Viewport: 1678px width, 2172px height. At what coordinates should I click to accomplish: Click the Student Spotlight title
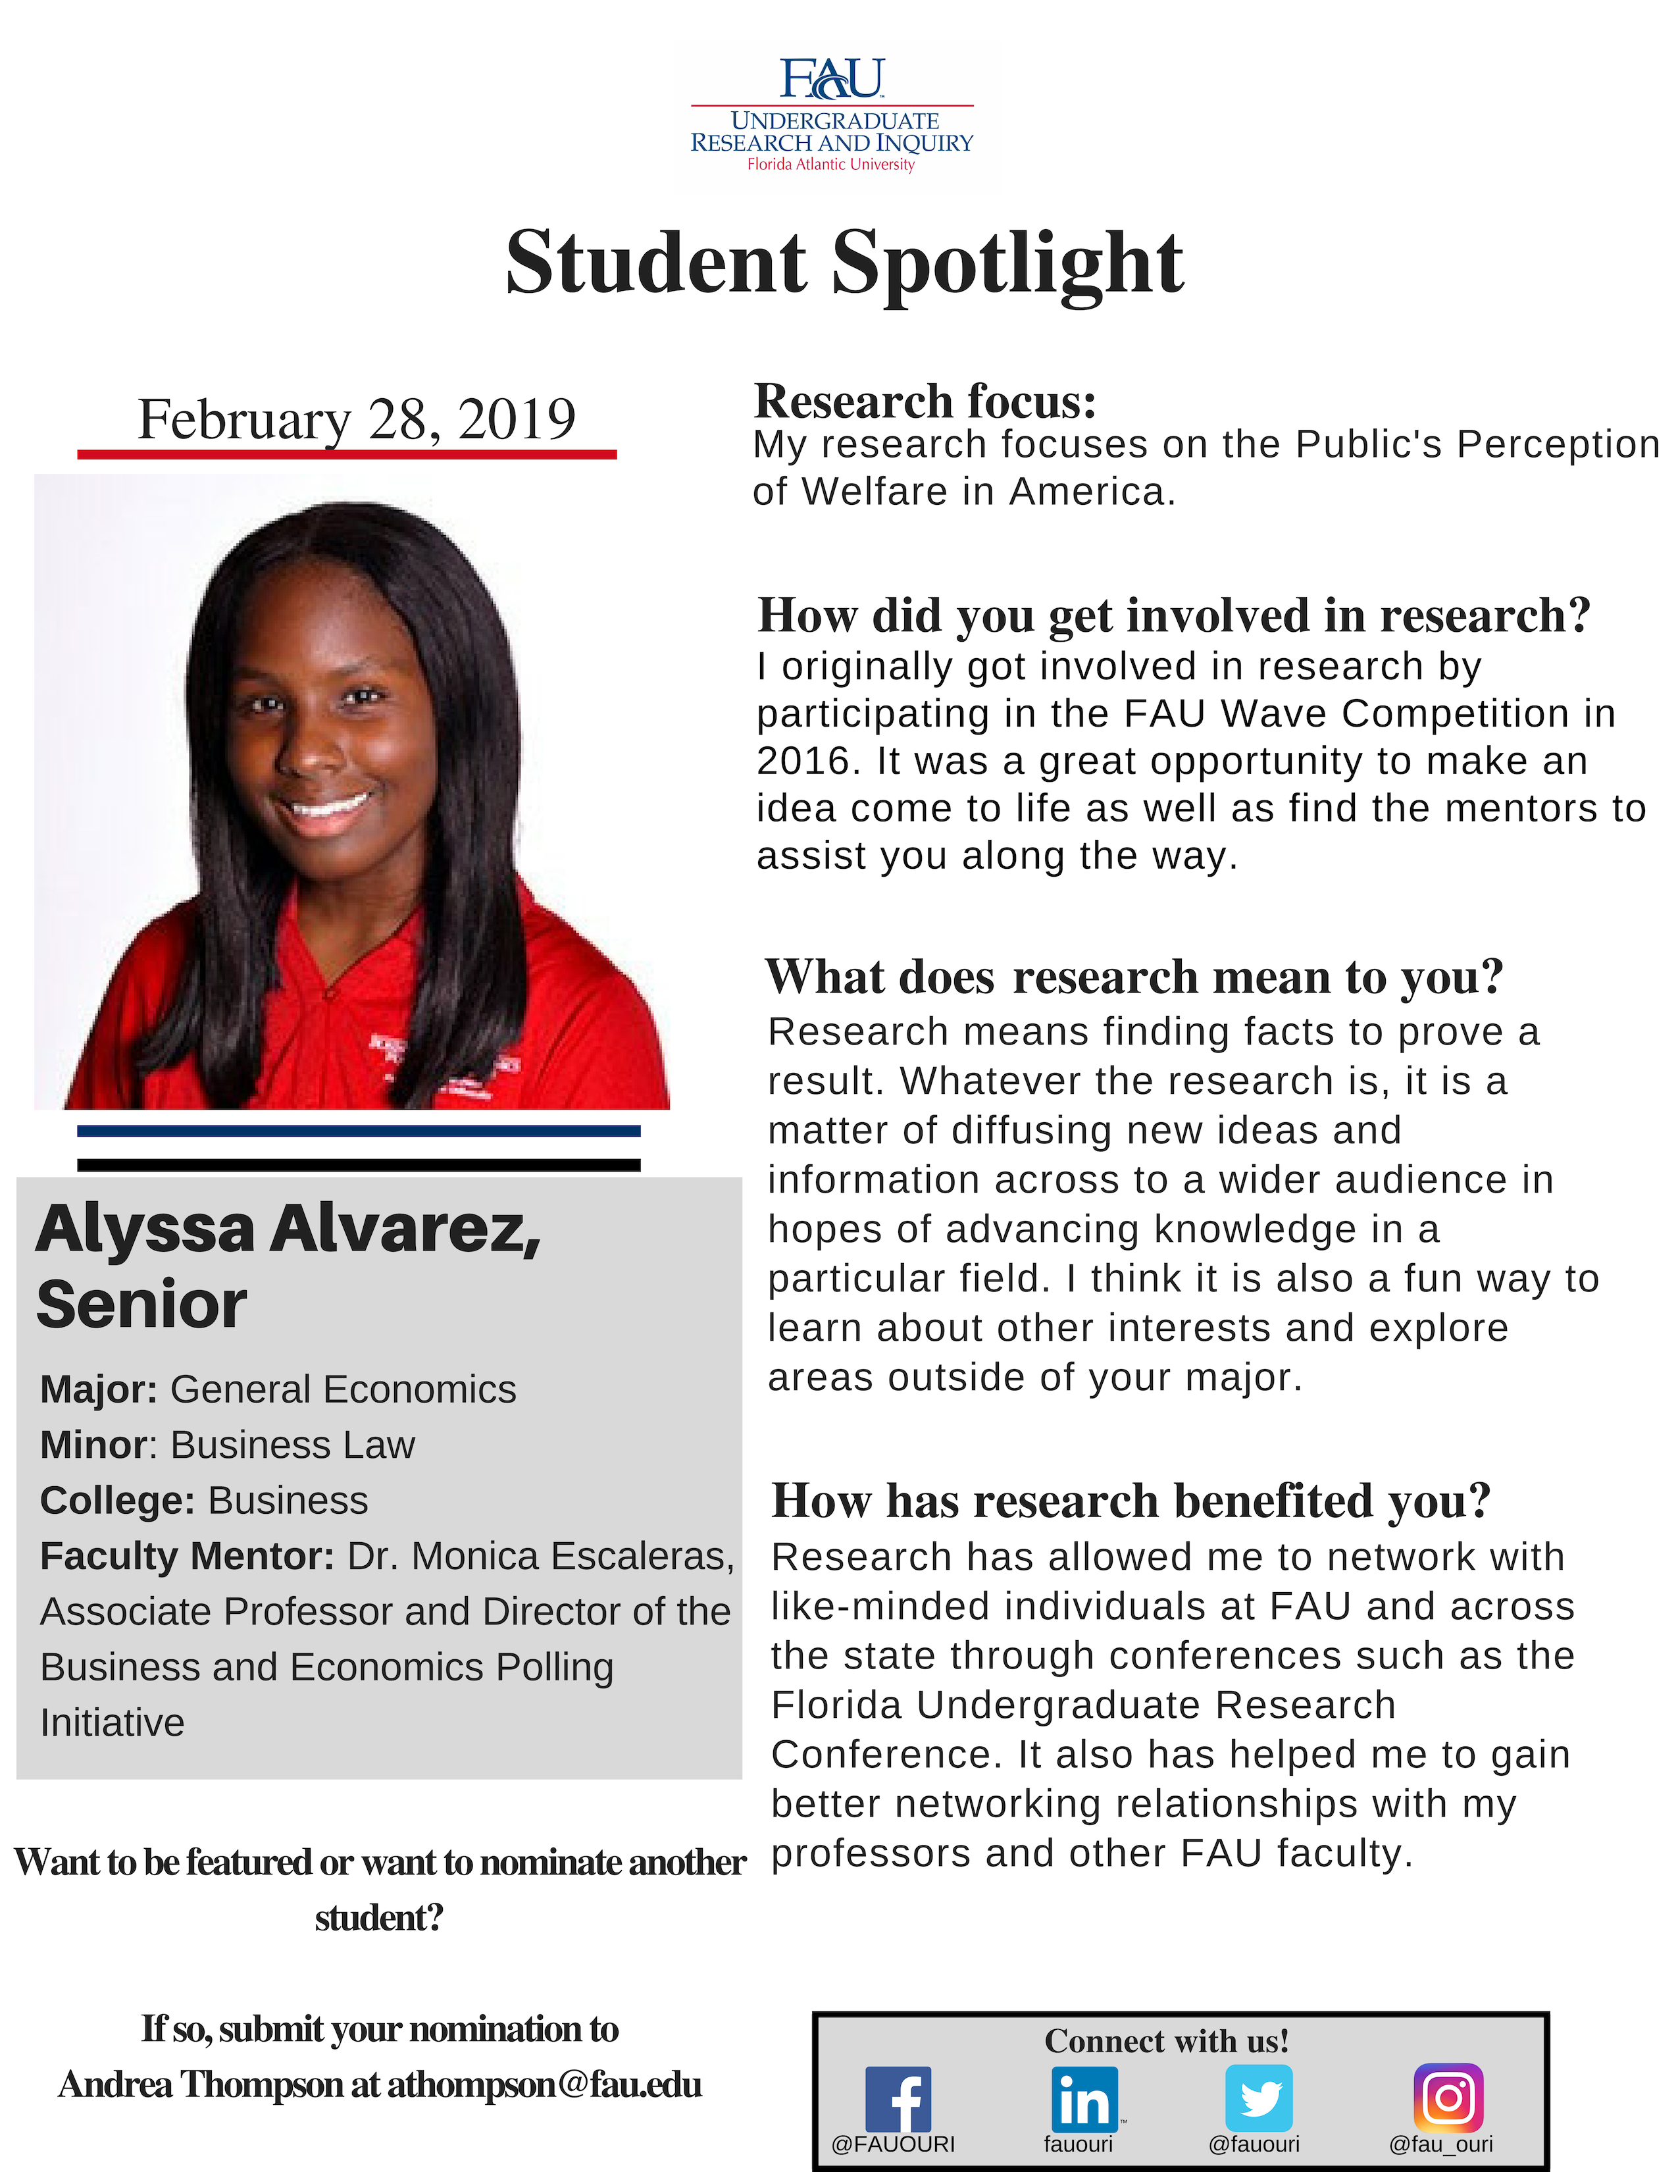click(x=844, y=263)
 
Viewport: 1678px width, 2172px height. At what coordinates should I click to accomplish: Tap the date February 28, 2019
click(x=356, y=419)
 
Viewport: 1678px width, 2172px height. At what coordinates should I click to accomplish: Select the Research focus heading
click(x=925, y=401)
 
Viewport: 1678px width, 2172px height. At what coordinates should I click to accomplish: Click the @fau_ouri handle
click(x=1440, y=2144)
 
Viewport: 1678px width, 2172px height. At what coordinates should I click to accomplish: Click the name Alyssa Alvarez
click(x=288, y=1229)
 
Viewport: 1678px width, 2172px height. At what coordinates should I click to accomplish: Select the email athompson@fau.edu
click(x=544, y=2084)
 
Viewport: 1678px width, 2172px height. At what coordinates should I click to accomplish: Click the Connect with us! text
click(x=1166, y=2041)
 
